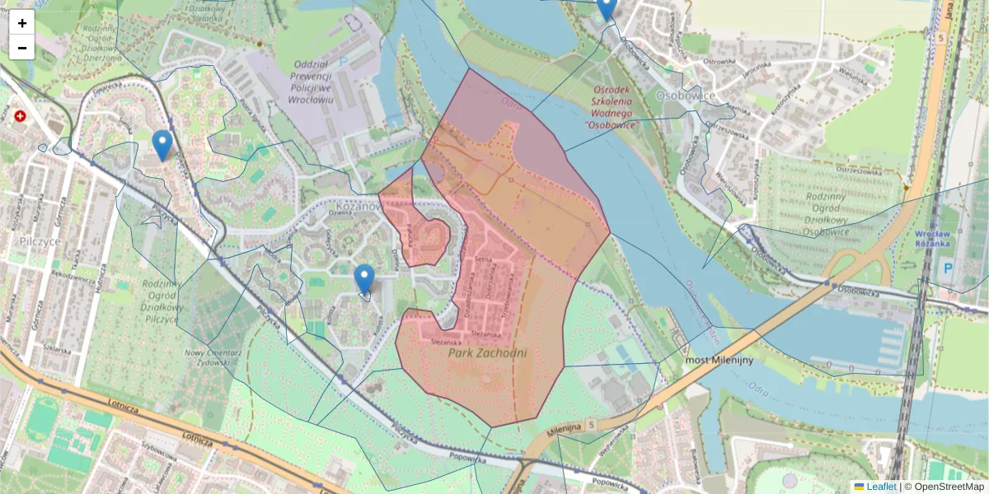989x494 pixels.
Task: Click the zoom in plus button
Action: [21, 23]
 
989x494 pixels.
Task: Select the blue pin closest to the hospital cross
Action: [162, 145]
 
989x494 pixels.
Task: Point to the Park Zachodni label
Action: [487, 352]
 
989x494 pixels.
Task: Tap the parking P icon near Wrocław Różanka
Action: [947, 268]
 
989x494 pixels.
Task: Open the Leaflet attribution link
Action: [881, 487]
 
